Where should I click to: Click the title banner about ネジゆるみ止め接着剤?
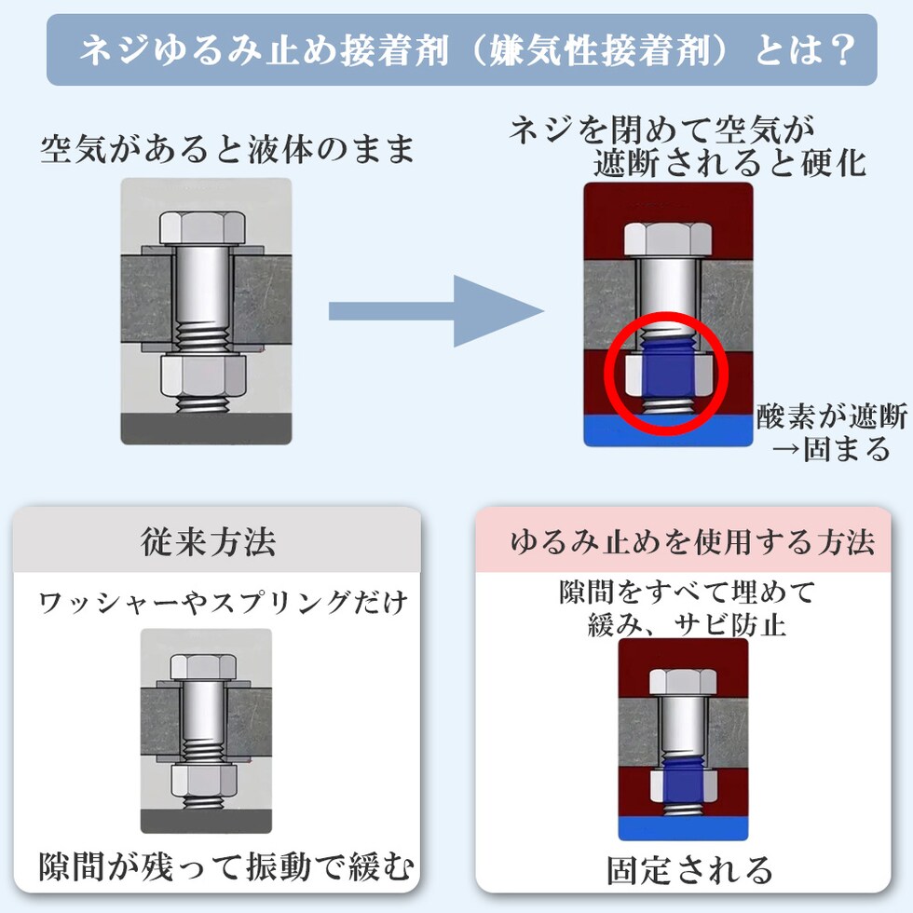462,50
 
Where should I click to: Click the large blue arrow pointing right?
436,311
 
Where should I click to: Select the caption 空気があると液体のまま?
227,150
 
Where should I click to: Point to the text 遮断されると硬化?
729,164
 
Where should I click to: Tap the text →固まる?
832,448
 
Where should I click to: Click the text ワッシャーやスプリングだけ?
224,603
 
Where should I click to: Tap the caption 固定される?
690,870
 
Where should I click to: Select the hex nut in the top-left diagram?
203,375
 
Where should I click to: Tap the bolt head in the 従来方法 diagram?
205,664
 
